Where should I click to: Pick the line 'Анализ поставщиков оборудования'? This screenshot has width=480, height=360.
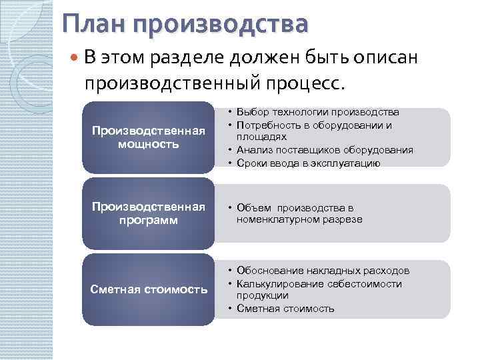coord(324,150)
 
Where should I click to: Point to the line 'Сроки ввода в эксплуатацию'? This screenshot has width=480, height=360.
coord(307,163)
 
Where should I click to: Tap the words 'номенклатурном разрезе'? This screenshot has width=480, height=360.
coord(299,219)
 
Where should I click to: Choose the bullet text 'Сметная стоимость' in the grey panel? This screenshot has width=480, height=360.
coord(285,308)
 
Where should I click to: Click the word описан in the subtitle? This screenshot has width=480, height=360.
coord(385,58)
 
